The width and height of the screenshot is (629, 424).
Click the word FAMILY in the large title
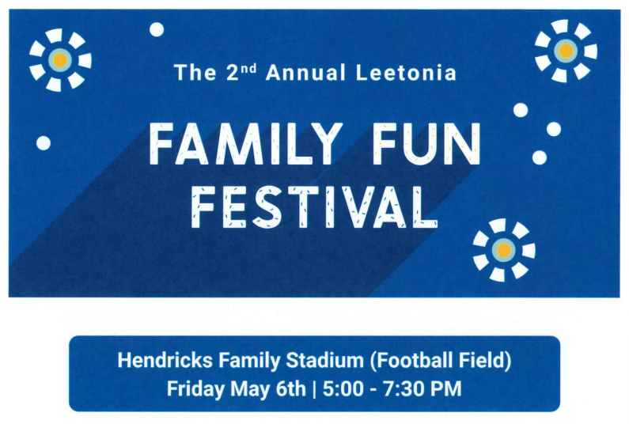[245, 144]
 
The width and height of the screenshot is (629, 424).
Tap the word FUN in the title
[426, 144]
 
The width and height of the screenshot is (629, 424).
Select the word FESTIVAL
[314, 207]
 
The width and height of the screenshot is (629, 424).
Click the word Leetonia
[406, 73]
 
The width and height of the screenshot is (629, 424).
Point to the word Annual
[305, 73]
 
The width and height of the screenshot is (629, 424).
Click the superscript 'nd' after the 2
[249, 68]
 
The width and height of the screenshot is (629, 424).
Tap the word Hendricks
[165, 360]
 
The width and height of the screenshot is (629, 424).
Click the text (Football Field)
[440, 361]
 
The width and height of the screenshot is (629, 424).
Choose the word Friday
[195, 389]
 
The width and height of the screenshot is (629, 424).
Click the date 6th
[290, 388]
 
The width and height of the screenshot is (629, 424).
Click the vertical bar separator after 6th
[314, 389]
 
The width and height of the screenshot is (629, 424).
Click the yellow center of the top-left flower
[60, 60]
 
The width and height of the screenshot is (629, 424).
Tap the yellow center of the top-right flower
[566, 51]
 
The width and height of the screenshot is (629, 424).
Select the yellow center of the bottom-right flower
[504, 250]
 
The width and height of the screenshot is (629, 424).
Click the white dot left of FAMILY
[44, 143]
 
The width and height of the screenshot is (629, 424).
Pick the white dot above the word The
[157, 29]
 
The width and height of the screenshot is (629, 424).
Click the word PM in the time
[445, 388]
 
